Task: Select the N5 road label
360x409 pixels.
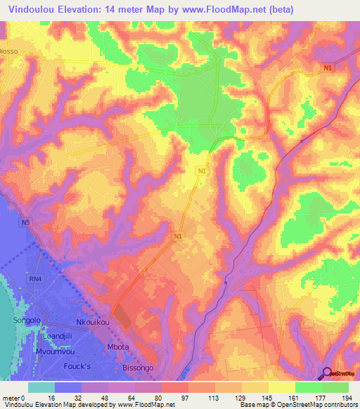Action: pos(25,223)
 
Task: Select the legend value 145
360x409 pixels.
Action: pos(262,397)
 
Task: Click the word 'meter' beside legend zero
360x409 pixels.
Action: pos(11,397)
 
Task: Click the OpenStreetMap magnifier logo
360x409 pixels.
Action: pos(327,373)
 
